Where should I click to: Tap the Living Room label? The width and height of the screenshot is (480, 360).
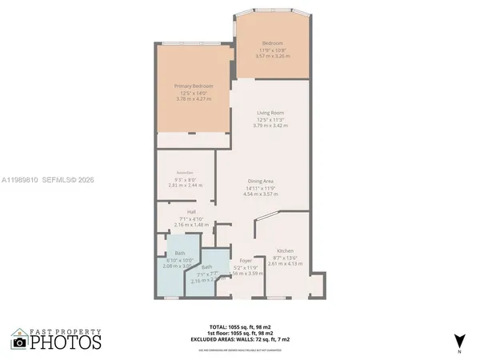[x=270, y=113]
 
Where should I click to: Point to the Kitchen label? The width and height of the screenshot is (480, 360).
[x=286, y=250]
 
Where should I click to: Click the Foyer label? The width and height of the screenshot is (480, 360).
[x=246, y=261]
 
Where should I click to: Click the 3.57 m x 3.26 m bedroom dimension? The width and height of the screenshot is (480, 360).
[x=273, y=56]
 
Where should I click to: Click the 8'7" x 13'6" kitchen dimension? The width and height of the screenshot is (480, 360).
[x=286, y=257]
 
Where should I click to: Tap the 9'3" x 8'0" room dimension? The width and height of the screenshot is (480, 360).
[x=186, y=178]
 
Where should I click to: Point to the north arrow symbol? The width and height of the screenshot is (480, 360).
[x=458, y=340]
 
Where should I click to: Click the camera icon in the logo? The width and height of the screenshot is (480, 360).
[x=20, y=342]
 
